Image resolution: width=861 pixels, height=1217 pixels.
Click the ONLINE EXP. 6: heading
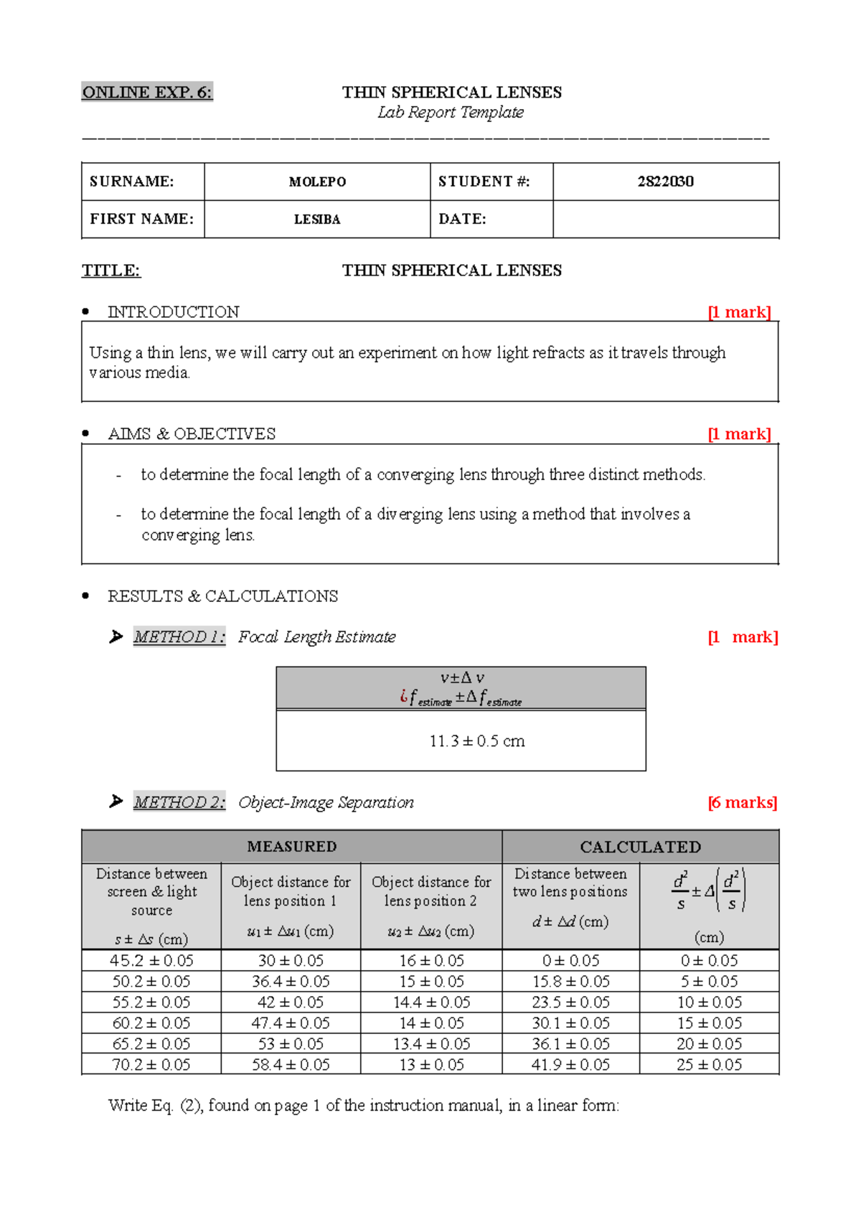click(x=147, y=92)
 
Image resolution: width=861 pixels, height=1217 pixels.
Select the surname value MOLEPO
click(x=317, y=182)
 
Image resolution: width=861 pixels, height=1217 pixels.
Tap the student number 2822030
click(x=665, y=181)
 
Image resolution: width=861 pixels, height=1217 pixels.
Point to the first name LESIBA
click(x=317, y=220)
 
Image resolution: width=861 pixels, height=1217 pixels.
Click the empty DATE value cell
click(x=665, y=219)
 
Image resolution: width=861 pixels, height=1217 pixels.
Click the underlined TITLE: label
click(x=111, y=271)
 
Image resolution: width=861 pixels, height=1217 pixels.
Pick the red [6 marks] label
click(x=742, y=802)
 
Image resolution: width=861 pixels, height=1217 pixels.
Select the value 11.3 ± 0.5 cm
click(x=476, y=741)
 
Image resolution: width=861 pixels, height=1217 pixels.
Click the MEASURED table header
click(x=291, y=847)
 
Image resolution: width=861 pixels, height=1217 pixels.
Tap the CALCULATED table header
click(x=640, y=847)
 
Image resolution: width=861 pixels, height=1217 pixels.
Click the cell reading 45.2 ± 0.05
click(x=151, y=960)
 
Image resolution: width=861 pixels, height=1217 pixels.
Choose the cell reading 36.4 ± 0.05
click(x=291, y=981)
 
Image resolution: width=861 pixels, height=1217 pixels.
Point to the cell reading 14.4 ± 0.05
click(x=431, y=1002)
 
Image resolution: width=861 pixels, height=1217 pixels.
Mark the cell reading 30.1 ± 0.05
click(x=570, y=1023)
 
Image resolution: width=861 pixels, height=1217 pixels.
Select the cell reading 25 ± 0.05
click(x=709, y=1064)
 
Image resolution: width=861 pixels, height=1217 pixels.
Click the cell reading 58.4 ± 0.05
click(x=291, y=1064)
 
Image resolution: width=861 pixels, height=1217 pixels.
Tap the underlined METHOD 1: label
click(x=179, y=636)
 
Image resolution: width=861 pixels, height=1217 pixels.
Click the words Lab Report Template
click(x=451, y=112)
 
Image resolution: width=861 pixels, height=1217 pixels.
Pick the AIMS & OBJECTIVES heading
click(x=192, y=433)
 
